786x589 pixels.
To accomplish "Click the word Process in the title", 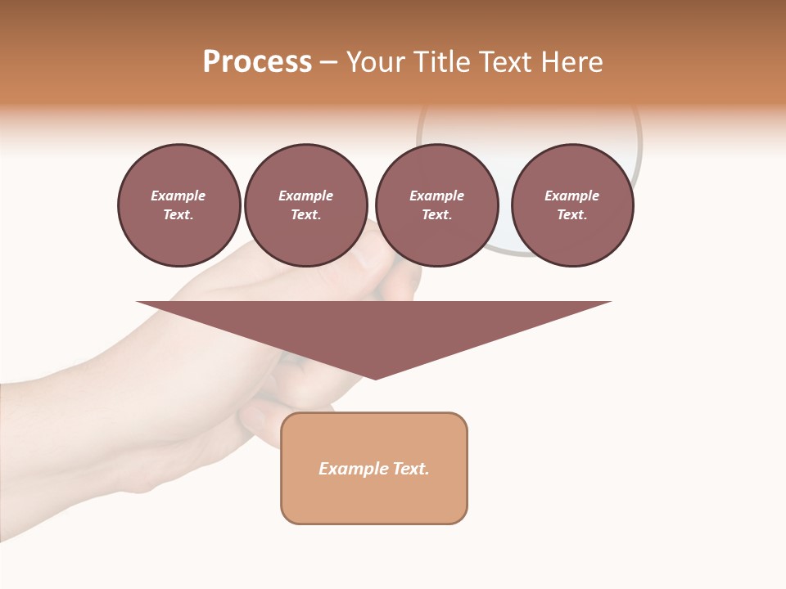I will (257, 62).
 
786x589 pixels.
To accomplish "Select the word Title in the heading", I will (440, 62).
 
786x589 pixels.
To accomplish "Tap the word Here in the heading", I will (570, 62).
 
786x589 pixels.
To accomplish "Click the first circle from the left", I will (179, 205).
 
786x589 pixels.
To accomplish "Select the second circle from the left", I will (306, 205).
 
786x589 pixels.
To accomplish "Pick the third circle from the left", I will (436, 205).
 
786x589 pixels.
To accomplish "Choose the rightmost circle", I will (572, 205).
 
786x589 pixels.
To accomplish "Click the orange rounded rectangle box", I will (374, 468).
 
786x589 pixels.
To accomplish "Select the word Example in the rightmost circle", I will (571, 196).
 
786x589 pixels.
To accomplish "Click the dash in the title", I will (329, 62).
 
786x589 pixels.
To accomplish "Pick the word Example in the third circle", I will (436, 196).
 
